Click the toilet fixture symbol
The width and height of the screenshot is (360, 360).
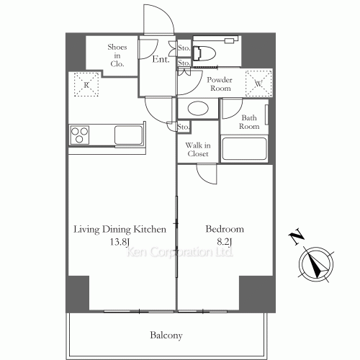[204, 53]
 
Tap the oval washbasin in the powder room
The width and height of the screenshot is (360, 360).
[198, 109]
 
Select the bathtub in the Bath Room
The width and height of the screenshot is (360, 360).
[244, 149]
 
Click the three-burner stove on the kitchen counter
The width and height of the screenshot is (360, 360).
[79, 135]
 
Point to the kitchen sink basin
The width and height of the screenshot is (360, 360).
[128, 135]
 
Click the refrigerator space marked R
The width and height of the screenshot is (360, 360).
[86, 84]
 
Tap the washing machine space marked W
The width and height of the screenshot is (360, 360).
[258, 84]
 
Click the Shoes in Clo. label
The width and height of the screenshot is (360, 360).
[117, 55]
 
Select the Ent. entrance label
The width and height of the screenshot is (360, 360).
[161, 59]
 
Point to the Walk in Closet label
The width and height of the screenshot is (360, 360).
[198, 149]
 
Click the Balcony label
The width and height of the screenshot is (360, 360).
[166, 336]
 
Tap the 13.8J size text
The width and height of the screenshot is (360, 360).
[120, 242]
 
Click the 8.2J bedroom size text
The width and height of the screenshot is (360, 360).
[225, 242]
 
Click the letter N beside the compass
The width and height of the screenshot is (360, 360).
[296, 236]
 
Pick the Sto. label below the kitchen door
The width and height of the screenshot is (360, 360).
[184, 127]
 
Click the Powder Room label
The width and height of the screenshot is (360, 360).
[220, 84]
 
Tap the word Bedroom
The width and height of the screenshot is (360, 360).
[225, 229]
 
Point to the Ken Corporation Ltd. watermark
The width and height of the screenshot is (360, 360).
[180, 252]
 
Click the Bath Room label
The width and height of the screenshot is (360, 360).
[249, 122]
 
